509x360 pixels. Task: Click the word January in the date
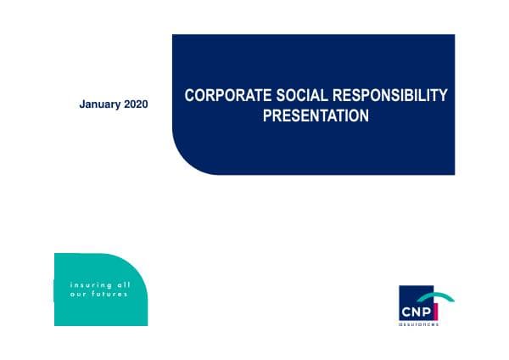[x=99, y=104]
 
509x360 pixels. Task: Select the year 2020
[x=136, y=104]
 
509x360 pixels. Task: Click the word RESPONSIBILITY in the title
[x=393, y=96]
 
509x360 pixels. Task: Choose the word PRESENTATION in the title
[x=316, y=115]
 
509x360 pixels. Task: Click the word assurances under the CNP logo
[x=419, y=323]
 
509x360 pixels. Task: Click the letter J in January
[x=81, y=104]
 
